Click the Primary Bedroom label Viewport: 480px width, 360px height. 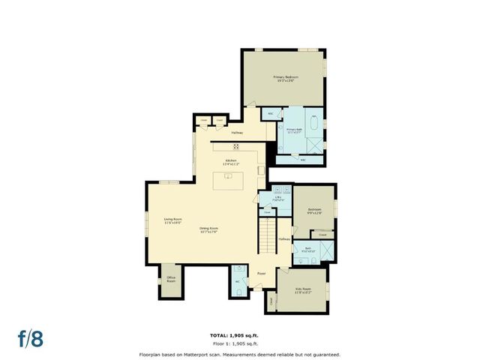286,79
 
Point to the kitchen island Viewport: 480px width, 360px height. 229,181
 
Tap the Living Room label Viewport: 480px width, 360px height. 173,220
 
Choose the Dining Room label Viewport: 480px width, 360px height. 208,230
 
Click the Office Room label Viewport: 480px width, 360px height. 171,280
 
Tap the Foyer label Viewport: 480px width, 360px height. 262,274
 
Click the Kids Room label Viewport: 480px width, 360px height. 302,290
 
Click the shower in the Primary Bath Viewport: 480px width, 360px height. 318,146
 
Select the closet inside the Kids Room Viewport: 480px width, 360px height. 271,301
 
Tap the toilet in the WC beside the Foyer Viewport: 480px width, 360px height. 237,271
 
